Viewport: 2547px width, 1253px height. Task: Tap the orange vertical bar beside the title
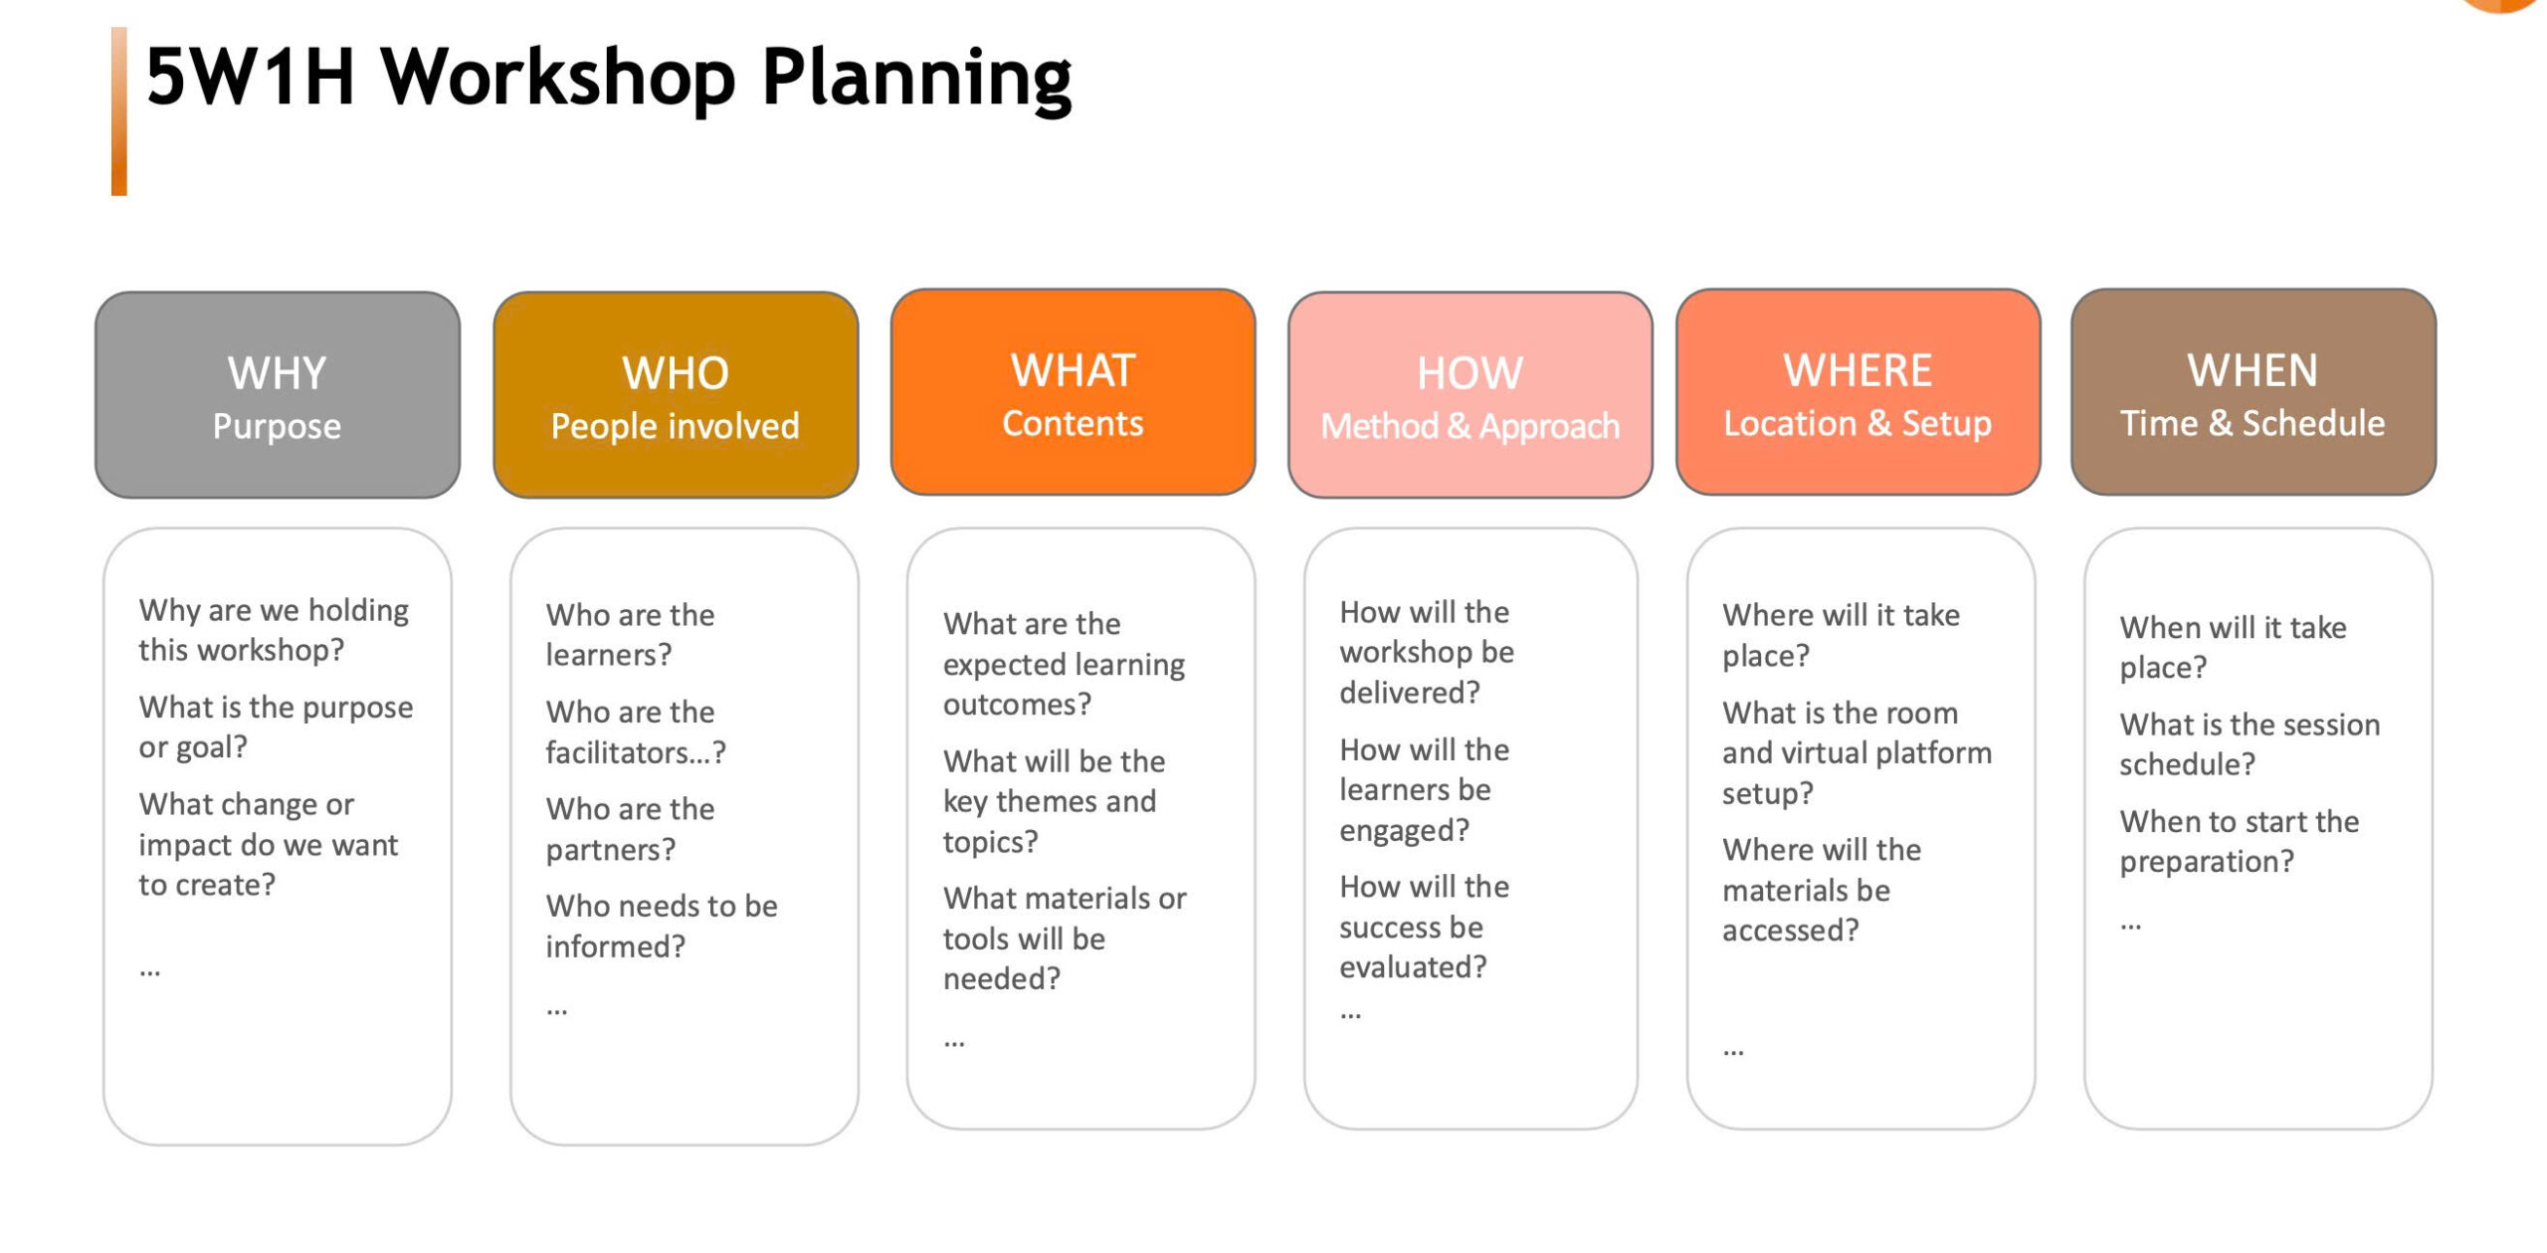point(119,110)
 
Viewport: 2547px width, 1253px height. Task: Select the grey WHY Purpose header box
point(278,394)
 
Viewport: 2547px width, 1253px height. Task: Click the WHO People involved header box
point(676,394)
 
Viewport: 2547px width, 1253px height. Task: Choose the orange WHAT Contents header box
point(1073,392)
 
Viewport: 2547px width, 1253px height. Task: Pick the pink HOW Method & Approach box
point(1469,394)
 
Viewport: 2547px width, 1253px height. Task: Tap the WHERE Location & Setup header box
point(1858,392)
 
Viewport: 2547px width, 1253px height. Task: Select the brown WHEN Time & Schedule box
point(2253,392)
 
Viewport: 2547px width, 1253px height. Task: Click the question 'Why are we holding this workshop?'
point(274,629)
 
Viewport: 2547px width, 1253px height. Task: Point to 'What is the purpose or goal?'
point(276,727)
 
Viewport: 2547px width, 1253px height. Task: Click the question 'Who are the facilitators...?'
point(636,731)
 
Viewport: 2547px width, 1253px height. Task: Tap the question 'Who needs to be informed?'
point(662,926)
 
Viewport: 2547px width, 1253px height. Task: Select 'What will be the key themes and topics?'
point(1054,801)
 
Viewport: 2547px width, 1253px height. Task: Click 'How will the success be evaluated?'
point(1424,927)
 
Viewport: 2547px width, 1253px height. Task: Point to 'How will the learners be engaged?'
point(1424,789)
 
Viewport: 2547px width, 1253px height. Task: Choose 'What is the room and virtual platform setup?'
point(1857,752)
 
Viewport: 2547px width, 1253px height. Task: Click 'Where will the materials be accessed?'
point(1822,890)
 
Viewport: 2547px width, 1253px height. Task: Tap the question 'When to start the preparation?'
point(2239,841)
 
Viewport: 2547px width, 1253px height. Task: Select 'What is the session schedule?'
point(2250,743)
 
